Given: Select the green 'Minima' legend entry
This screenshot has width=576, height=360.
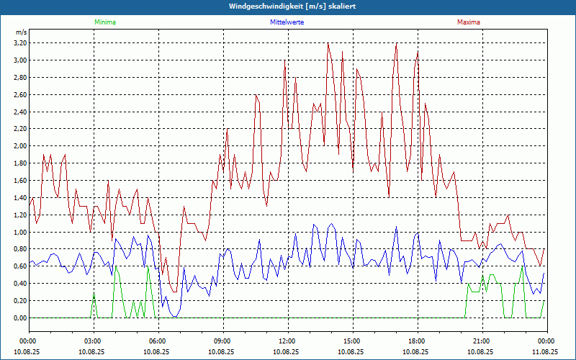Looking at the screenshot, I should pos(104,22).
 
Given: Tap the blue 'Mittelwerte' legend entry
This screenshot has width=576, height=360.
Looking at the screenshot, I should pos(287,22).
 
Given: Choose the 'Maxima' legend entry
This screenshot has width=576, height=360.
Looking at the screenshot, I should pos(468,22).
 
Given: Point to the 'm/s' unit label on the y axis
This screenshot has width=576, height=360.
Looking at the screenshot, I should pos(21,33).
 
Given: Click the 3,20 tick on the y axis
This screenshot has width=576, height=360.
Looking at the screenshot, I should pos(19,43).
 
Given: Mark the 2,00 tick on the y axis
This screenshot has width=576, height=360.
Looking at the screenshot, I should pos(19,146).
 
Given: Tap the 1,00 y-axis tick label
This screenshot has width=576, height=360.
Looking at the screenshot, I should pos(19,232).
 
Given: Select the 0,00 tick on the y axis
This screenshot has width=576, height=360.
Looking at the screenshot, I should pos(19,318).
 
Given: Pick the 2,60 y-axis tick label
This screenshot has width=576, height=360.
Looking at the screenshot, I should pos(19,94).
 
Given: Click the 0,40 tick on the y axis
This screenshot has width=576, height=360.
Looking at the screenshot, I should pos(19,284).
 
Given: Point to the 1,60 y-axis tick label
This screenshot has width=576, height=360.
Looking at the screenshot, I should pos(19,180).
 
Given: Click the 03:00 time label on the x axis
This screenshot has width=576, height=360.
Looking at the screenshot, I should pos(93,341).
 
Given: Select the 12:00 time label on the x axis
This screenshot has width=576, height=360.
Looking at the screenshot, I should pos(287,341).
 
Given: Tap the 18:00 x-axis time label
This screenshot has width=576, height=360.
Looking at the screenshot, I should pos(417,341).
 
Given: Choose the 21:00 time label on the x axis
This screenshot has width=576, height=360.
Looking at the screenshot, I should pos(482,341).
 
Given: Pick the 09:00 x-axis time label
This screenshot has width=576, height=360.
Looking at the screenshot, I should pos(222,341).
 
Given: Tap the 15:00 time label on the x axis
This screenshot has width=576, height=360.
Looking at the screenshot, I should pos(352,341).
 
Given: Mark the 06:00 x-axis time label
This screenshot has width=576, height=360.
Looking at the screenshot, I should pos(158,341).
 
